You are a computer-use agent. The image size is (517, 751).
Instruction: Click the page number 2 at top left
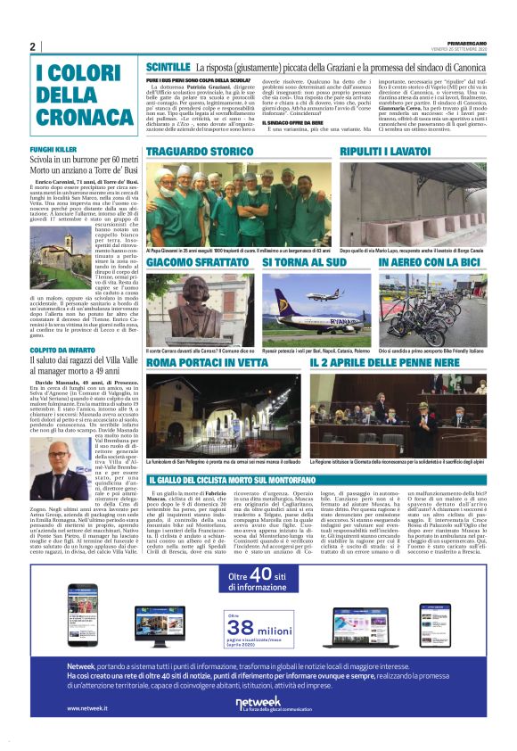pos(32,47)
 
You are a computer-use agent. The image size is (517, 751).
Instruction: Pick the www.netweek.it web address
pos(86,709)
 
